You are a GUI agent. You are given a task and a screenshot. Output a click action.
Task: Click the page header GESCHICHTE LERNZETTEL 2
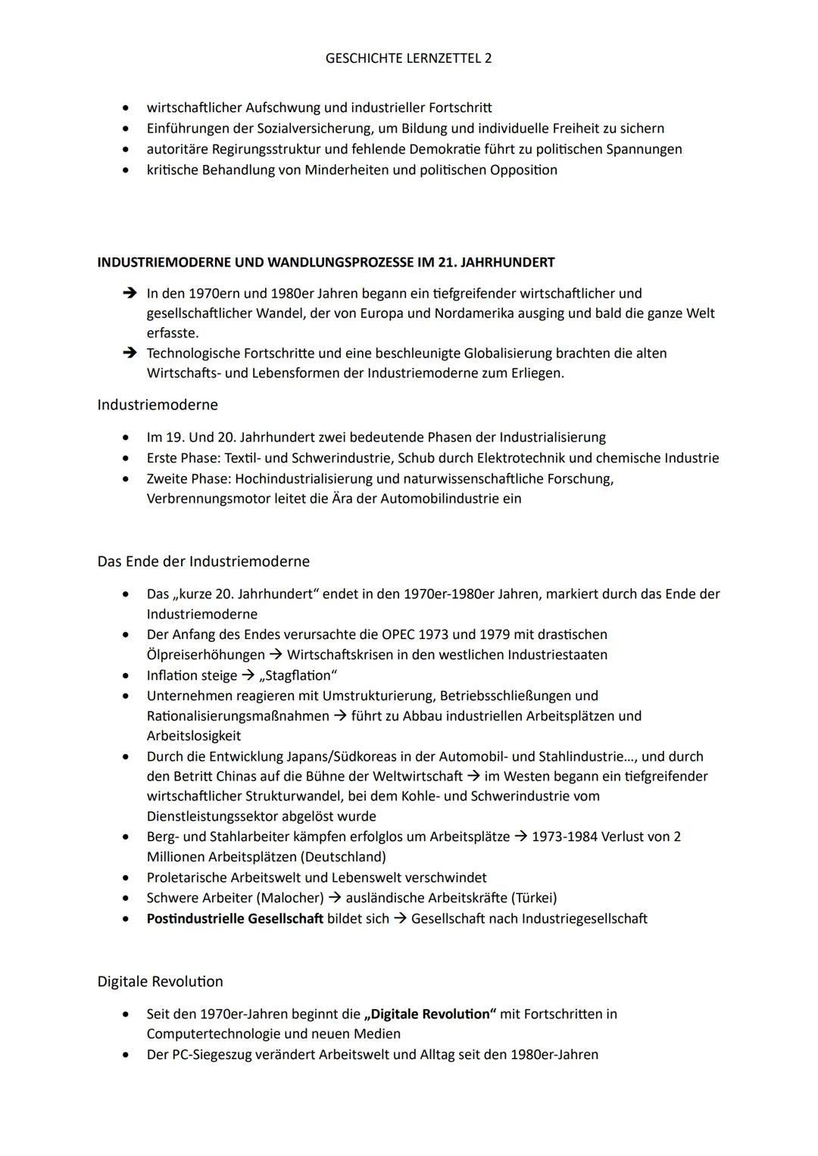408,58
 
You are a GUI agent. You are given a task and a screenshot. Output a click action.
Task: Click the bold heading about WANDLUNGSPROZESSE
326,263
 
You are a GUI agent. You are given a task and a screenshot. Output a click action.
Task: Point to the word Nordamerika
473,313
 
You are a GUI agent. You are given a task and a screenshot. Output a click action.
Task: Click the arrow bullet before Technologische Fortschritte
130,354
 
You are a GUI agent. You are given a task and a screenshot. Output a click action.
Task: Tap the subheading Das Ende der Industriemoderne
203,562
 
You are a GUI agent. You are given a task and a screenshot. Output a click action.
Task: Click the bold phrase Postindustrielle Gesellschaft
235,918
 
